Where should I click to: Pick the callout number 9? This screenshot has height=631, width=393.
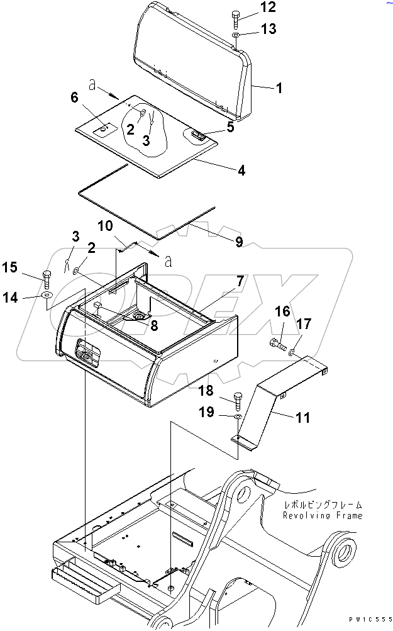point(238,241)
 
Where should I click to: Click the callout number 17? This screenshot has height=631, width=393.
point(304,325)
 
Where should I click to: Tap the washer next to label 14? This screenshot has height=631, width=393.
point(47,296)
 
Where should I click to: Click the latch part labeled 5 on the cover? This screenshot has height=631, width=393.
point(197,134)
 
